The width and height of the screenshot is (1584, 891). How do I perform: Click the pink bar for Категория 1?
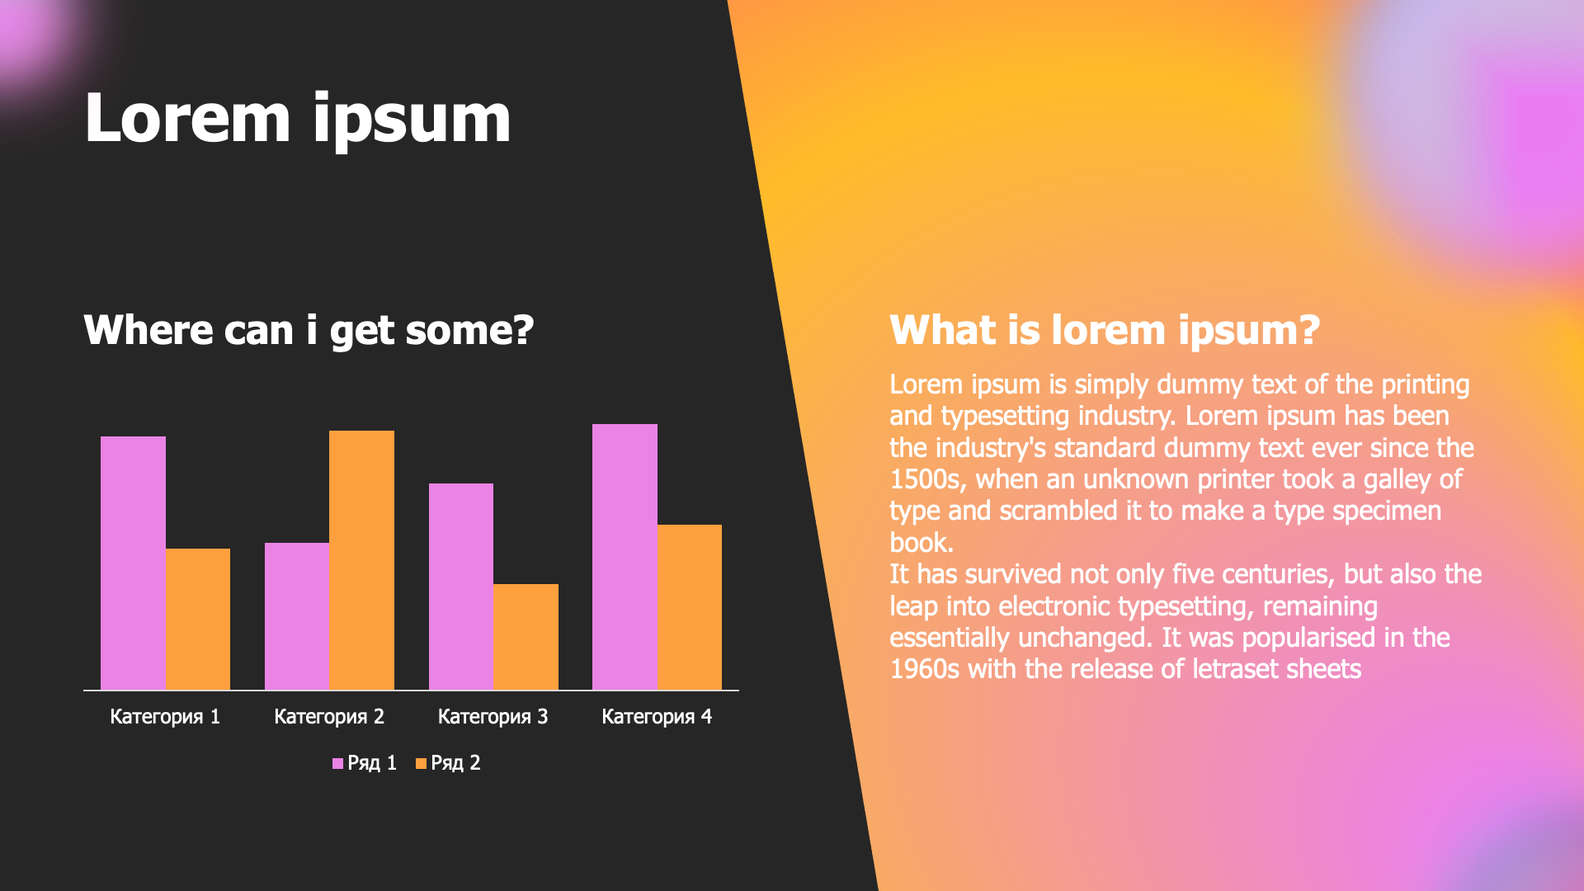pos(133,563)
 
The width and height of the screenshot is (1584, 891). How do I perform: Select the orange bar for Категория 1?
pos(198,619)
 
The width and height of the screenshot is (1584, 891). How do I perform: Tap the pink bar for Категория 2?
pos(297,616)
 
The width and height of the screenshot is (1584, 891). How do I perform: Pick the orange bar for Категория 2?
pos(361,560)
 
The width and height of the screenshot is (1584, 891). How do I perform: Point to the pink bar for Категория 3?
pos(461,587)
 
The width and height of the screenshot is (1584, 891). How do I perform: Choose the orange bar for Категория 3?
pos(526,637)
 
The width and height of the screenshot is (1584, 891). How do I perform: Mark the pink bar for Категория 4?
pos(625,557)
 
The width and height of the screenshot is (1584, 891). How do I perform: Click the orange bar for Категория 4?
pos(690,607)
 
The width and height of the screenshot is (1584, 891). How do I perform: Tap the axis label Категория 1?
pos(165,717)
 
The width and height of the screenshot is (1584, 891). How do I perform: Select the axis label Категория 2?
pos(329,717)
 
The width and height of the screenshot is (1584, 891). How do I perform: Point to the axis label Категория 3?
pos(493,717)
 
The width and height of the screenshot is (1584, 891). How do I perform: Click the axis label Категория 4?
pos(657,717)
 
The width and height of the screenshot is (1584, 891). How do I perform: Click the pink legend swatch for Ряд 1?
pos(337,764)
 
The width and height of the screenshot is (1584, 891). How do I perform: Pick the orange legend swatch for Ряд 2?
pos(421,764)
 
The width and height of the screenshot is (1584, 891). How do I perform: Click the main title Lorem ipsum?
pos(298,120)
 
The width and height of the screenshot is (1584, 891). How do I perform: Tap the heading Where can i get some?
pos(309,331)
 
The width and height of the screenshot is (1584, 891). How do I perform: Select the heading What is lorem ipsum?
pos(1105,331)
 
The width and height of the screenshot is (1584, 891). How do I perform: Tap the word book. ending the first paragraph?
pos(922,543)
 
